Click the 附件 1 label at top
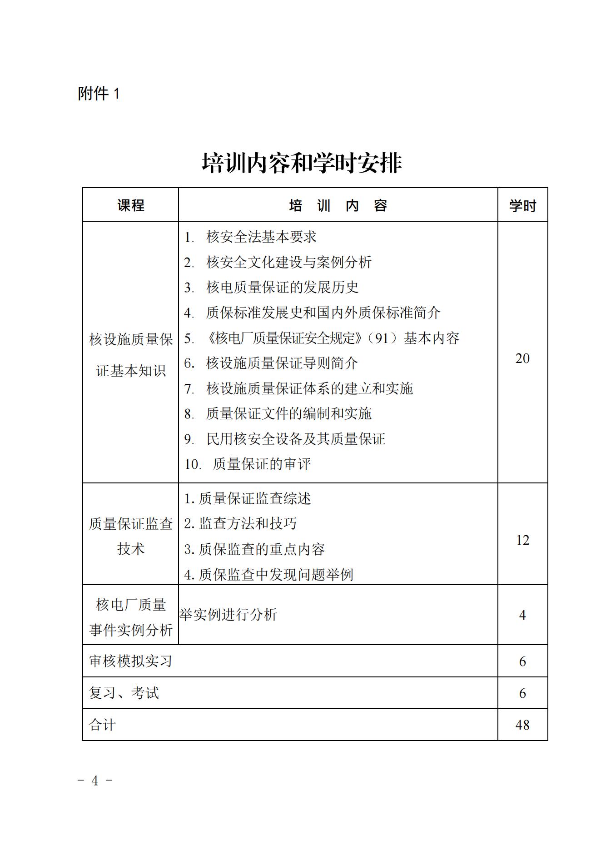(x=99, y=94)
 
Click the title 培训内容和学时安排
(x=302, y=163)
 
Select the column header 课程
(x=131, y=205)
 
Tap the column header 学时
(x=522, y=206)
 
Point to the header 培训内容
(x=338, y=206)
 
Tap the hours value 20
(x=522, y=358)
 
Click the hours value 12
(x=522, y=540)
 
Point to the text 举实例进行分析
(x=228, y=615)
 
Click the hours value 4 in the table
(x=522, y=615)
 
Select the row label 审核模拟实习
(x=131, y=661)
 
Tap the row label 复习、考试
(x=124, y=693)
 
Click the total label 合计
(x=103, y=725)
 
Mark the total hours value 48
(x=522, y=725)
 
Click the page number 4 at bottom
(x=95, y=780)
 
